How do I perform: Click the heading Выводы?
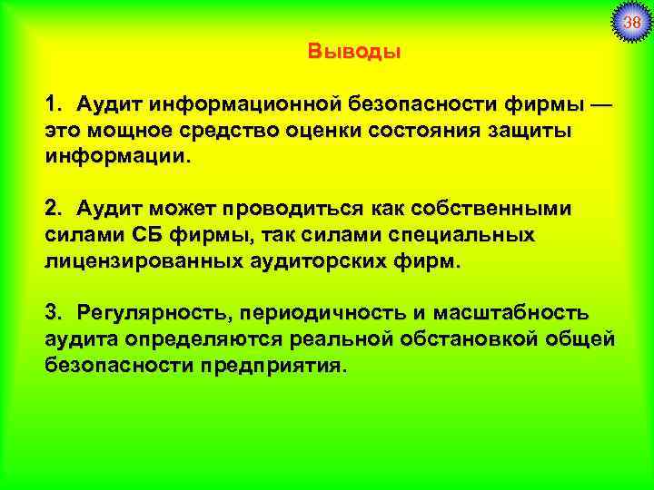pyautogui.click(x=353, y=51)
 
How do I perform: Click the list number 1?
pyautogui.click(x=54, y=107)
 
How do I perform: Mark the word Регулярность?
pyautogui.click(x=153, y=314)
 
